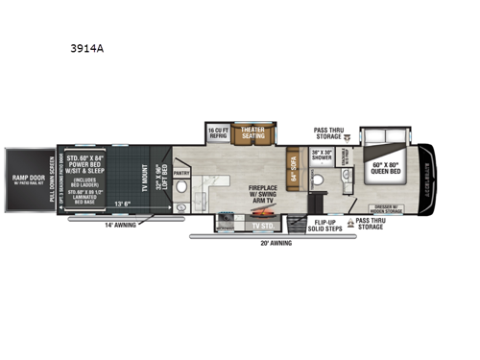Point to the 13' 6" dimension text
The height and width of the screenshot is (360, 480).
point(126,204)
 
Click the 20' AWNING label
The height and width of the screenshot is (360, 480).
point(274,244)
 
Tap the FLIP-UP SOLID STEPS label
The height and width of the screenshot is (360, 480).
point(324,223)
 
